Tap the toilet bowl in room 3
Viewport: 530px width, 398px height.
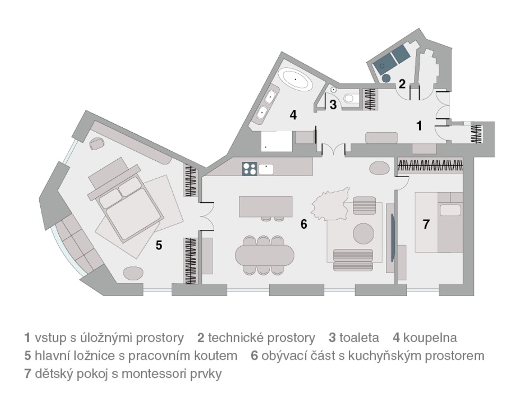[349, 98]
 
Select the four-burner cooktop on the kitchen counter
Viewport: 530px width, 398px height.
[250, 169]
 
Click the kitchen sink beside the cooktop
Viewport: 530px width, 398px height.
[267, 169]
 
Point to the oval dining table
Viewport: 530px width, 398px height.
[264, 255]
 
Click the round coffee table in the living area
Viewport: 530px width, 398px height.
[364, 233]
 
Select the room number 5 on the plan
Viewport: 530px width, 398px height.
[159, 245]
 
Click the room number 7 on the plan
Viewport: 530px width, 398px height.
[426, 224]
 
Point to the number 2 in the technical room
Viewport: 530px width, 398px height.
[402, 84]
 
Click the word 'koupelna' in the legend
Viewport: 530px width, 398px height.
[430, 338]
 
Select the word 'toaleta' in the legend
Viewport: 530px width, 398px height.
[359, 338]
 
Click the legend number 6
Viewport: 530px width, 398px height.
[254, 356]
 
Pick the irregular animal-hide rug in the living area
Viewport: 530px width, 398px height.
[330, 204]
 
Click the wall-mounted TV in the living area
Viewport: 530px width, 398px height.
[392, 237]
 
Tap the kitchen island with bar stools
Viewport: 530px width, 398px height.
[266, 207]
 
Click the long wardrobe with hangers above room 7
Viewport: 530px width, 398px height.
[430, 166]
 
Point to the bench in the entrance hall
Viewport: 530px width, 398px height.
[382, 138]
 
